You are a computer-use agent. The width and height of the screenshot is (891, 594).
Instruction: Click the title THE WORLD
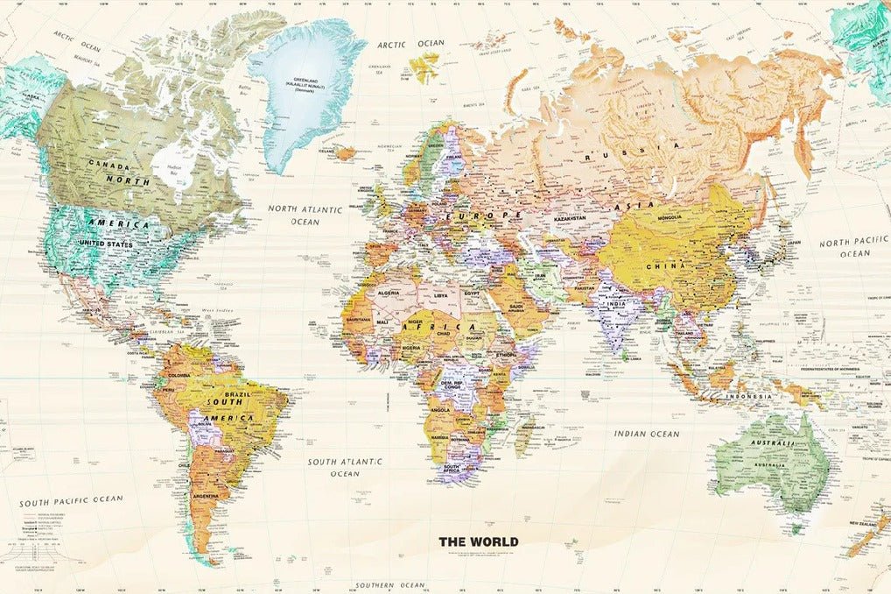tap(478, 541)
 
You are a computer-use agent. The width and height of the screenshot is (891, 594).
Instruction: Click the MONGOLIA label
tap(682, 216)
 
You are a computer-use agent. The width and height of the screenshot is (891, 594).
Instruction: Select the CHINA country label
tap(665, 265)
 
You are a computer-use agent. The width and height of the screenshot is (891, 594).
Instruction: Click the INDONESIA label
tap(748, 396)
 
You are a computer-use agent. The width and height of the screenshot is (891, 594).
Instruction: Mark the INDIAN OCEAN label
tap(646, 434)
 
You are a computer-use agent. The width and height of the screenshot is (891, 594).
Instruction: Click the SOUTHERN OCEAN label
tap(389, 584)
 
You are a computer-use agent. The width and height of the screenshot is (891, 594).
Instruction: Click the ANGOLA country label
tap(438, 409)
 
